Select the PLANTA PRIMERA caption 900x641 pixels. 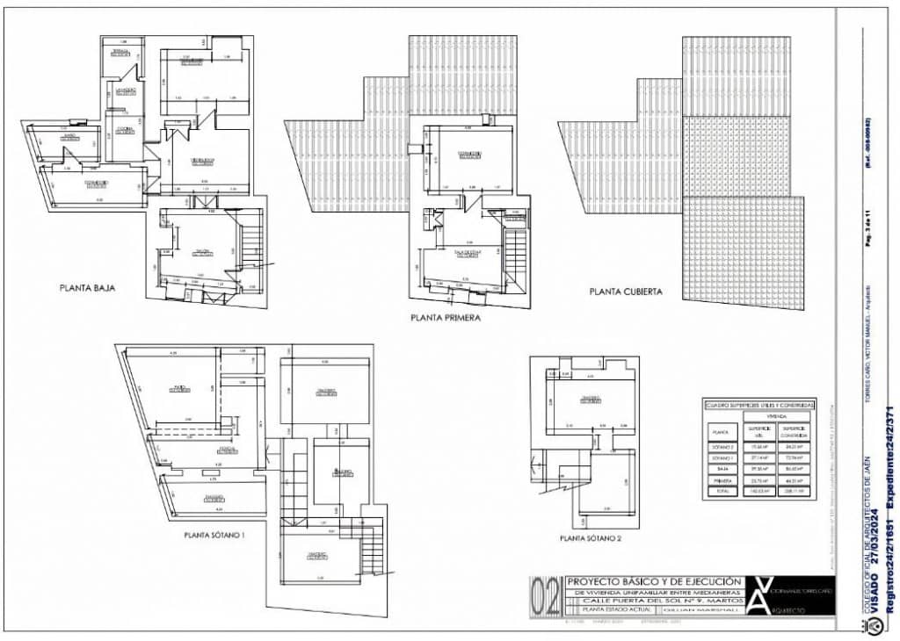coord(446,319)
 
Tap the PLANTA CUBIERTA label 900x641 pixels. coord(626,292)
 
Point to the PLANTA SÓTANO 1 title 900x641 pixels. coord(214,534)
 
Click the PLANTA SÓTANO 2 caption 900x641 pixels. coord(591,538)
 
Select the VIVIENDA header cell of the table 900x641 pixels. coord(775,418)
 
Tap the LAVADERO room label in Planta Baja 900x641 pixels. coord(126,90)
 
